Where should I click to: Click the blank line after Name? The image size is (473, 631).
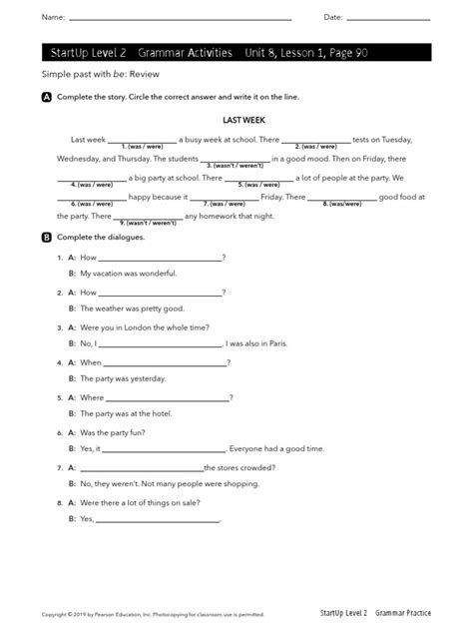tap(180, 19)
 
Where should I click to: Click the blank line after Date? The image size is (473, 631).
tap(388, 19)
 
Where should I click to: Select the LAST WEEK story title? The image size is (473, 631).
tap(236, 119)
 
